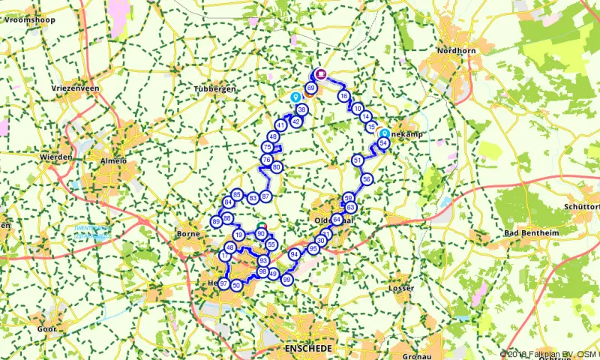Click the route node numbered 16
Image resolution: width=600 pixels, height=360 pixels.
tap(343, 96)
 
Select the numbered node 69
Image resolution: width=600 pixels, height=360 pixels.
tap(311, 88)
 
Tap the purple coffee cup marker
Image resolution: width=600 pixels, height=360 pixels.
tap(320, 73)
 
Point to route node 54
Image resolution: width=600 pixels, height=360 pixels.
tap(383, 143)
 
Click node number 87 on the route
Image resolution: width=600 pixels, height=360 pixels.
tap(265, 196)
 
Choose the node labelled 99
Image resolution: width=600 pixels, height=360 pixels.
tap(286, 279)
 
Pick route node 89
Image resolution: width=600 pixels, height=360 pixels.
tap(217, 221)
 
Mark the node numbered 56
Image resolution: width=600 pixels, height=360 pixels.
tap(367, 179)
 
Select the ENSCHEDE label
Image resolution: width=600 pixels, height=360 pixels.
tap(307, 349)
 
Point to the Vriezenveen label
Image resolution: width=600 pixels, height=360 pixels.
tap(76, 88)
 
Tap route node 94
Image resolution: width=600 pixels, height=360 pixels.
tap(295, 254)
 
